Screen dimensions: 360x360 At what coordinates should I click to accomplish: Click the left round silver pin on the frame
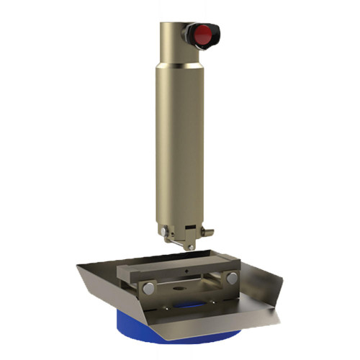point(148,287)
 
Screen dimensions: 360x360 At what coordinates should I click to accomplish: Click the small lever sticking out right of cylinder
point(208,232)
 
